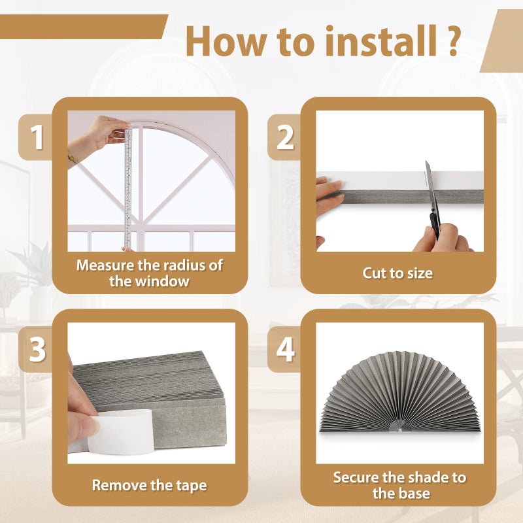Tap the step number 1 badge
[37, 138]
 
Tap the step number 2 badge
[285, 138]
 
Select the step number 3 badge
[37, 350]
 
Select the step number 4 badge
[285, 350]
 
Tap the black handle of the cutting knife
[435, 222]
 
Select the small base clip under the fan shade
[399, 426]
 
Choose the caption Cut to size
[397, 273]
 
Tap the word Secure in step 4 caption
[356, 477]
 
